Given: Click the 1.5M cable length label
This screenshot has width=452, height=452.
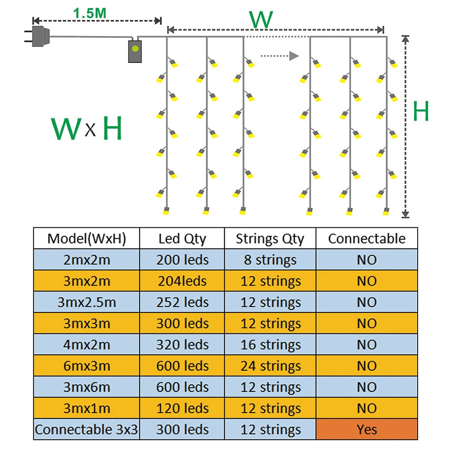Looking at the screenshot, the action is coord(89,13).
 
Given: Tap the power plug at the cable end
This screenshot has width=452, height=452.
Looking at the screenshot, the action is coord(38,36).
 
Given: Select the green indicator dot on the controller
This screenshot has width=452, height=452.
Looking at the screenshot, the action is coord(135,49).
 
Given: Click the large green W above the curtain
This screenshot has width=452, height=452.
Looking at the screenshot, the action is coord(261,19).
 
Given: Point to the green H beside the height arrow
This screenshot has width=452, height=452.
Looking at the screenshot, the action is coord(421,111).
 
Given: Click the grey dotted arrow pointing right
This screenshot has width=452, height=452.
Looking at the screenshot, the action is coord(280,56).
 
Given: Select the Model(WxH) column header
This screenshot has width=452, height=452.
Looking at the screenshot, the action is coord(86,238).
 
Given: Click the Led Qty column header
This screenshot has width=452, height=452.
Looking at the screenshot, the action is coord(182,238).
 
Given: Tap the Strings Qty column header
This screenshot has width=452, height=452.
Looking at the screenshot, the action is coord(270,238).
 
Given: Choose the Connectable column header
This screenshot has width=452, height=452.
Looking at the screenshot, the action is coord(367,238).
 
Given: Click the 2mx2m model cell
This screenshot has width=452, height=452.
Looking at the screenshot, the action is coord(86,260).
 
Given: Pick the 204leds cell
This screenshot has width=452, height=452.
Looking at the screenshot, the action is coord(182,281).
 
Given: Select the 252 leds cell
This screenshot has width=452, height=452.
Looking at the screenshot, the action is coord(182,302).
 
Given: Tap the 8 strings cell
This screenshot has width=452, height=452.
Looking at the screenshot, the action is coord(270,260).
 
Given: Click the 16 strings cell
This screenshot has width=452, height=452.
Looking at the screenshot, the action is coord(270,344).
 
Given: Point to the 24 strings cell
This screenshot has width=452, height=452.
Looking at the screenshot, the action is coord(270,366).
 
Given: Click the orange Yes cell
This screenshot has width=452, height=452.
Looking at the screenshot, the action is coord(367,429).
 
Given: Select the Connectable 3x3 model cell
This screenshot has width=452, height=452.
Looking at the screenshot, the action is coord(86,429).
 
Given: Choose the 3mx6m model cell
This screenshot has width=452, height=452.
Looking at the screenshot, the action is coord(86,387).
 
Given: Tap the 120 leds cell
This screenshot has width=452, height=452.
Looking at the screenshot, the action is coord(182,408).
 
